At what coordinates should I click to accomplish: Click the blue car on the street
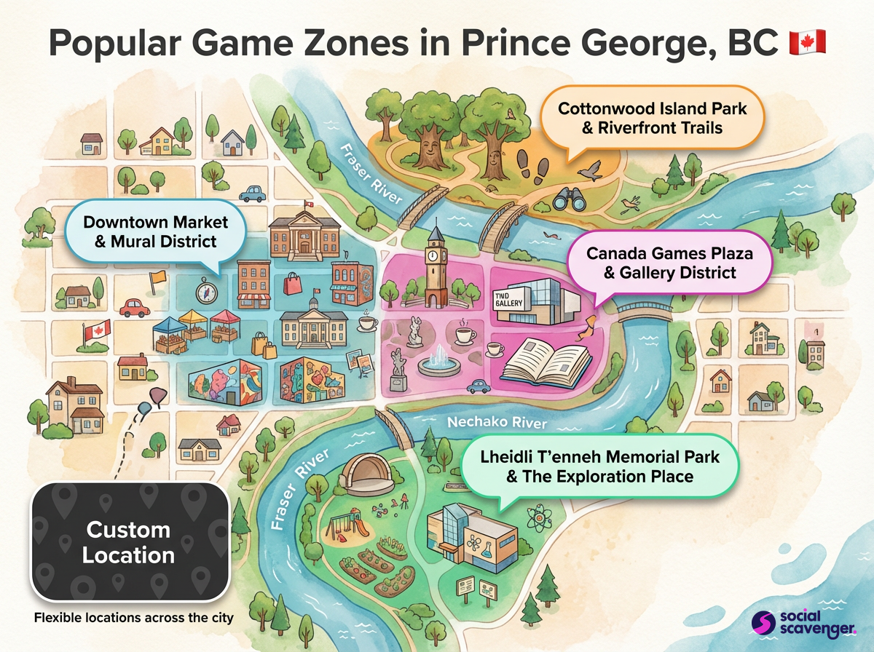pos(252,194)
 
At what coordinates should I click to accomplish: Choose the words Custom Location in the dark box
pos(128,542)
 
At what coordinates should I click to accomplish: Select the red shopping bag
pos(293,282)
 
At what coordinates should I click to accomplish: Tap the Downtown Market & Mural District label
pos(156,231)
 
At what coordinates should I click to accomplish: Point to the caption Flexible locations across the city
pos(134,619)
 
